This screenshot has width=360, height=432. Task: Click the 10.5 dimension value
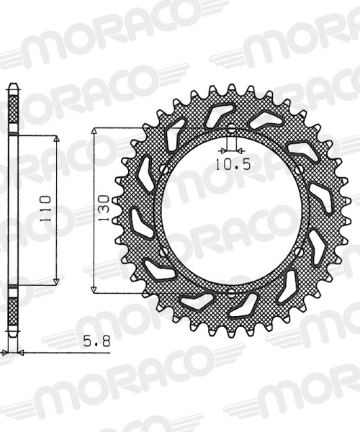[x=232, y=164]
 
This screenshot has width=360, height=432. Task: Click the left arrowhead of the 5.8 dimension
[x=6, y=353]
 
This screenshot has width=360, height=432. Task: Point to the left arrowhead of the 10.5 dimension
[x=224, y=152]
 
